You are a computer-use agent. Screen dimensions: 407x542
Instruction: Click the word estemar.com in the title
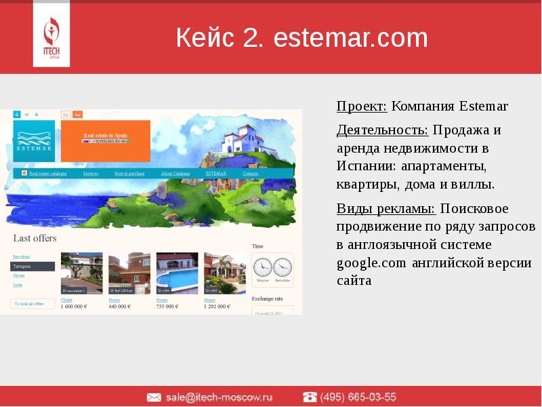(350, 38)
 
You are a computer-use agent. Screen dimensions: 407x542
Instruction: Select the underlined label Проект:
(362, 106)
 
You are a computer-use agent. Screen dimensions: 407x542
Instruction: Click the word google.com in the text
(371, 263)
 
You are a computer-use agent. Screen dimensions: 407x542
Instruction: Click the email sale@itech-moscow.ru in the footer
(219, 397)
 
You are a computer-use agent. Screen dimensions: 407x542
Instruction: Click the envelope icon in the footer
(154, 397)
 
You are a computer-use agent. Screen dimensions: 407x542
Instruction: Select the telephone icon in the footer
(310, 397)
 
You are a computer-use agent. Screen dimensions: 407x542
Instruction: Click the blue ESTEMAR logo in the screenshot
(34, 141)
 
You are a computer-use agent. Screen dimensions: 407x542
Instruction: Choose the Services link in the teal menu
(91, 174)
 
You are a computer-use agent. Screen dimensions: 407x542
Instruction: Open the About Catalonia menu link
(175, 174)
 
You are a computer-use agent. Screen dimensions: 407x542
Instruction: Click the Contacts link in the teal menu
(250, 174)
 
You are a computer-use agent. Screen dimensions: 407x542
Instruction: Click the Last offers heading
(35, 238)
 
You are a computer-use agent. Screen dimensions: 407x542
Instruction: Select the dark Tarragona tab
(33, 267)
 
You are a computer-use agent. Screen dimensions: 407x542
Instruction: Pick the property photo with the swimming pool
(177, 273)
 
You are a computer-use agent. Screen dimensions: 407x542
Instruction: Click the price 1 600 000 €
(74, 307)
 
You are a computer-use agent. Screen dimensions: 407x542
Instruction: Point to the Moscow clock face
(262, 267)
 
